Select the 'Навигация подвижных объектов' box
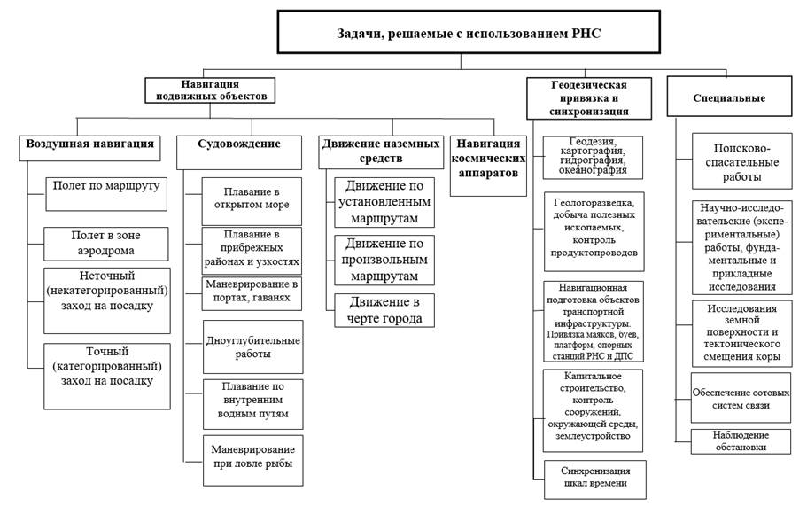click(210, 90)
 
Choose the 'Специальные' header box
click(729, 97)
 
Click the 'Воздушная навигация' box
click(90, 147)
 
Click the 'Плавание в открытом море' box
click(252, 201)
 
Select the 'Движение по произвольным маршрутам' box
click(384, 260)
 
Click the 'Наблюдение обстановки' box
click(740, 441)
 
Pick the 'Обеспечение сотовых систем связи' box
click(741, 399)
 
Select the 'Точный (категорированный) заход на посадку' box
click(107, 376)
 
